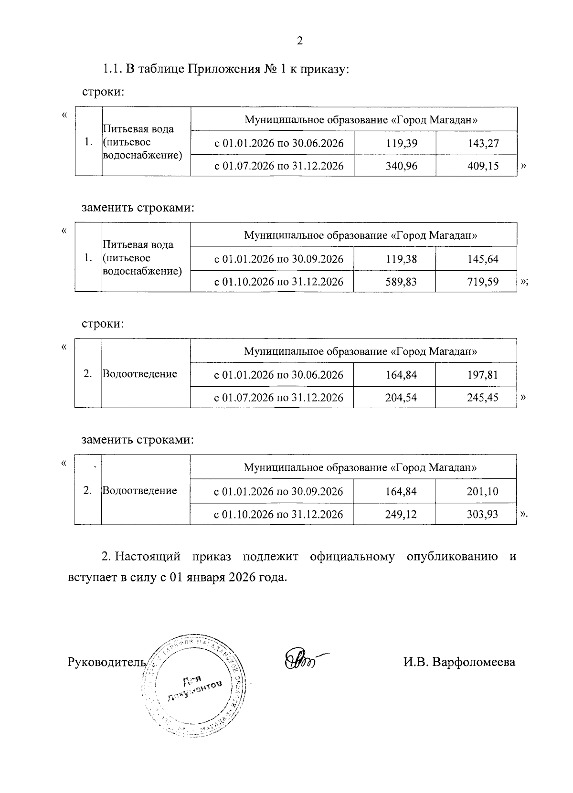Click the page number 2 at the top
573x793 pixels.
(x=299, y=41)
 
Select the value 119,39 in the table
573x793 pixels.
(x=401, y=143)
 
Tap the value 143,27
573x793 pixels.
(x=483, y=143)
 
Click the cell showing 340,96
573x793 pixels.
(x=401, y=166)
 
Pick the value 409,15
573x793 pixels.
(x=483, y=166)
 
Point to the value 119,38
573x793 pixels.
(x=401, y=259)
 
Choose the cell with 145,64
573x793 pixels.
(x=483, y=259)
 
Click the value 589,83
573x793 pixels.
(x=401, y=282)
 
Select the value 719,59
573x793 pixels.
(x=483, y=282)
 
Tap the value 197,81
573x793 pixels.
(x=483, y=375)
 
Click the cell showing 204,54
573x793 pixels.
(x=401, y=397)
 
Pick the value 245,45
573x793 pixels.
(x=483, y=397)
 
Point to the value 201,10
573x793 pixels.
(x=483, y=491)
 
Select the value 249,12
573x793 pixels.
(x=401, y=514)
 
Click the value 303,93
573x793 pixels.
(x=483, y=514)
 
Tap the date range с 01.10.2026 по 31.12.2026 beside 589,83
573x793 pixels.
(x=279, y=282)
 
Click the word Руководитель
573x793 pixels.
(x=106, y=662)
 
